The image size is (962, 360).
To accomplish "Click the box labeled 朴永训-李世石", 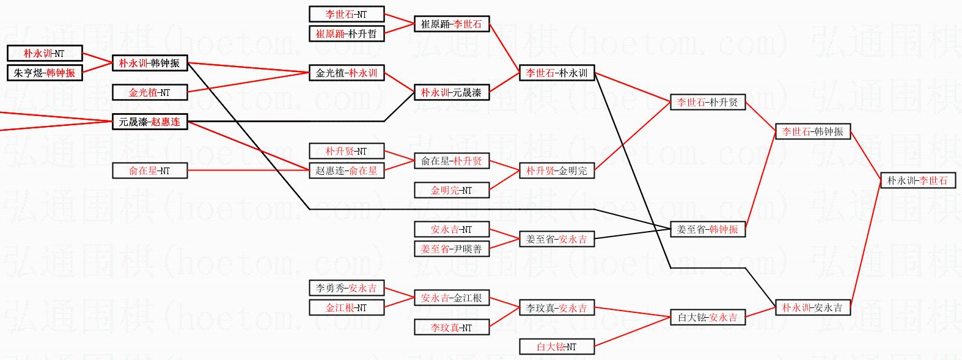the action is pyautogui.click(x=917, y=181).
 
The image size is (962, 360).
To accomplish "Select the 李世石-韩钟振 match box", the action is pyautogui.click(x=813, y=132).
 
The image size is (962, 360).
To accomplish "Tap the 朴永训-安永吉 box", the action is pyautogui.click(x=812, y=308).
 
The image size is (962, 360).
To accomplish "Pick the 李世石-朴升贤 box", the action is pyautogui.click(x=708, y=103).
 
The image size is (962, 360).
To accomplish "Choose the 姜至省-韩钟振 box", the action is pyautogui.click(x=708, y=230).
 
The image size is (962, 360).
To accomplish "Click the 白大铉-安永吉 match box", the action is pyautogui.click(x=708, y=318).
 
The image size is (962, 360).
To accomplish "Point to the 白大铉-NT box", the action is pyautogui.click(x=557, y=347).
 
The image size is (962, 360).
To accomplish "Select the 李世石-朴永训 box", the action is pyautogui.click(x=557, y=73).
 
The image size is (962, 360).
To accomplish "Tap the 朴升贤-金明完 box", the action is pyautogui.click(x=557, y=171).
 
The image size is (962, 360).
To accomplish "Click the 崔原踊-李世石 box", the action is pyautogui.click(x=452, y=24).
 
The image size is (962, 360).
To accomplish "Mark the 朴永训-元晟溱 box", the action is pyautogui.click(x=452, y=93).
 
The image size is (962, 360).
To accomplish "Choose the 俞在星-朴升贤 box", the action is pyautogui.click(x=452, y=161).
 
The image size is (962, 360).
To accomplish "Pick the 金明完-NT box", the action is pyautogui.click(x=452, y=191).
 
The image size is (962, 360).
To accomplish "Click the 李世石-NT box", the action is pyautogui.click(x=347, y=14).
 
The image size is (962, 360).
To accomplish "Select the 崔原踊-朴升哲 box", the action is pyautogui.click(x=347, y=34).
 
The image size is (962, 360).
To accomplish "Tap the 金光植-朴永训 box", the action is pyautogui.click(x=347, y=73).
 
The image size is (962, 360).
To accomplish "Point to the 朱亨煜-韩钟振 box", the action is pyautogui.click(x=45, y=73).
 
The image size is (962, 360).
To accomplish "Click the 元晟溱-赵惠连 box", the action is pyautogui.click(x=150, y=122).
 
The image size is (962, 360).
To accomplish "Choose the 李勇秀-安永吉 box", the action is pyautogui.click(x=347, y=288).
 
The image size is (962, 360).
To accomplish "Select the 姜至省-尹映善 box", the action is pyautogui.click(x=452, y=249).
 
